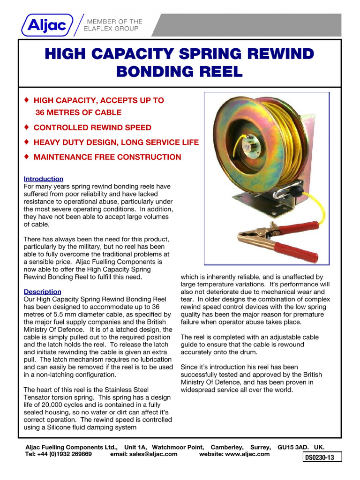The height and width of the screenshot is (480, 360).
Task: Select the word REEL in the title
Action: tap(220, 72)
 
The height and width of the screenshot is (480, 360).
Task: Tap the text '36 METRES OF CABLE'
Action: tap(78, 112)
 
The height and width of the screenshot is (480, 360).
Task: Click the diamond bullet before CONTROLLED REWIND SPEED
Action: tap(27, 127)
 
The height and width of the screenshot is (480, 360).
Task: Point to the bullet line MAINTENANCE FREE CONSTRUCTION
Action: tap(107, 157)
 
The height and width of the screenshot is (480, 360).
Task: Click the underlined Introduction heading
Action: tap(43, 179)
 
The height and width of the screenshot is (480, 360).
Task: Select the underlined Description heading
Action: tap(42, 292)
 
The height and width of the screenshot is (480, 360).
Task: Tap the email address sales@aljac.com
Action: tap(144, 454)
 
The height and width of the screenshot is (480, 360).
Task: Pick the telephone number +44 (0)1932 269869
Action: tap(66, 454)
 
